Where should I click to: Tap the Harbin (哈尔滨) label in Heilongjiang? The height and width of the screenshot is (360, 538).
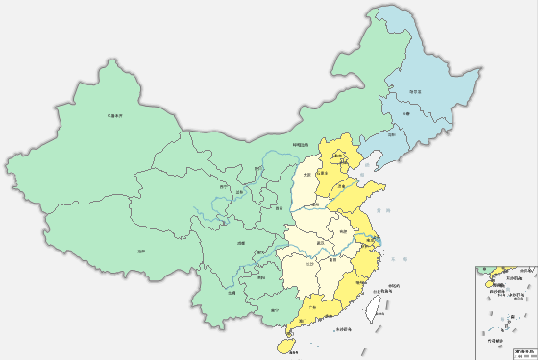(x=415, y=92)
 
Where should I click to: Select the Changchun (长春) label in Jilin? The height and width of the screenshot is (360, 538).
(x=404, y=114)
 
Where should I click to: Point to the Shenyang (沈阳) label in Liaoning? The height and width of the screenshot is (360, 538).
(x=391, y=136)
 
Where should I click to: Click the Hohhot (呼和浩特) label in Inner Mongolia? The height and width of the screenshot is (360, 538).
(x=302, y=146)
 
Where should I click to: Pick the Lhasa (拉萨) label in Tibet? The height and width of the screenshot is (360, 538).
(x=141, y=251)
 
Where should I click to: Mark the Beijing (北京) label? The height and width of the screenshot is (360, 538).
(x=338, y=155)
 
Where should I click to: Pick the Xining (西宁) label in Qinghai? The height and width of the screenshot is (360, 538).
(x=224, y=187)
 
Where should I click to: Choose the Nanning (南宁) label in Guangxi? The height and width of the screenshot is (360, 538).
(x=276, y=310)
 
